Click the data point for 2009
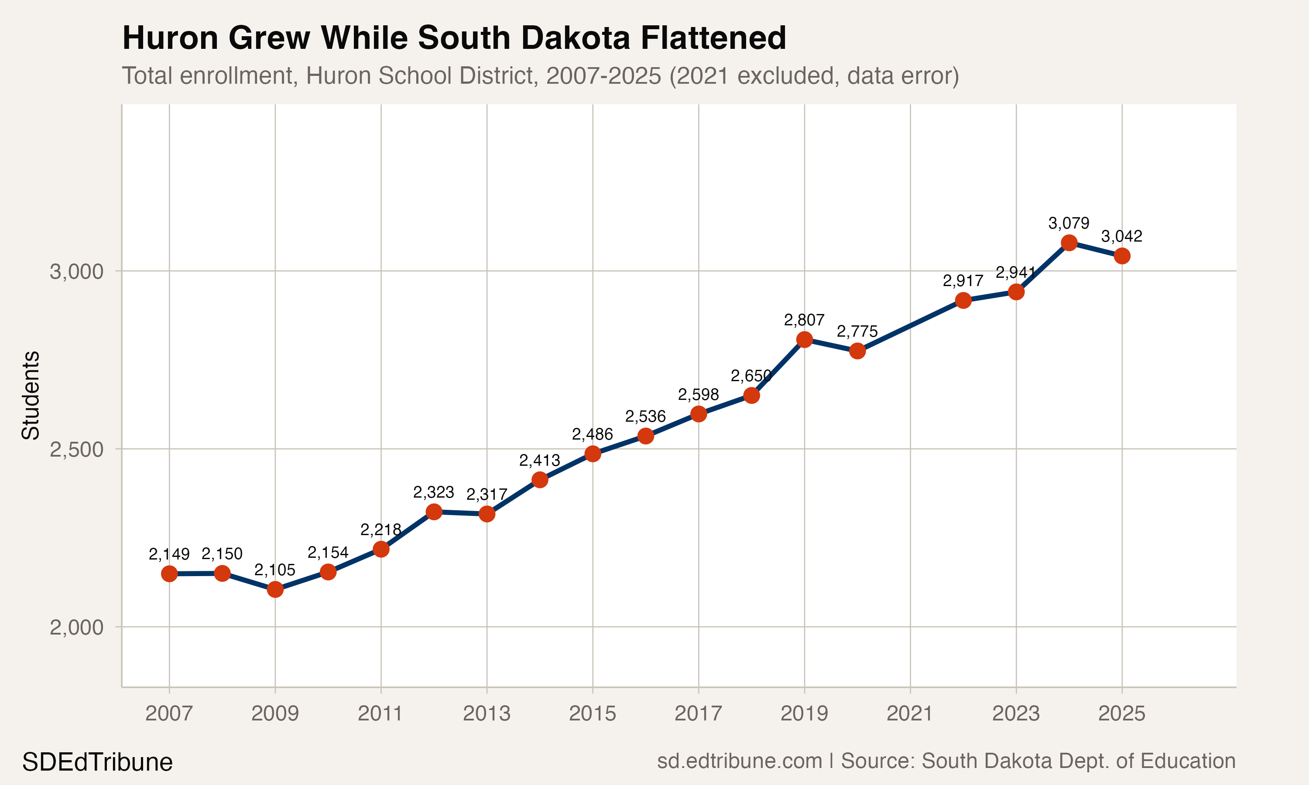tap(275, 589)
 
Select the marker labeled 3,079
tap(1069, 243)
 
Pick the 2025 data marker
tap(1122, 256)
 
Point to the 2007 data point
tap(169, 574)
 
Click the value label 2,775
tap(857, 332)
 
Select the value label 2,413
tap(540, 461)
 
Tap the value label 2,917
tap(963, 281)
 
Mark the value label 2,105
tap(275, 570)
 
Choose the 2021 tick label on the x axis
tap(910, 714)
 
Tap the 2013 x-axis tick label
tap(487, 714)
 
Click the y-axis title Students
tap(31, 395)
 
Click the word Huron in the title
tap(170, 38)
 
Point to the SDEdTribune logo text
tap(97, 762)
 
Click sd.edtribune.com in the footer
tap(739, 761)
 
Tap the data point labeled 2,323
tap(434, 512)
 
